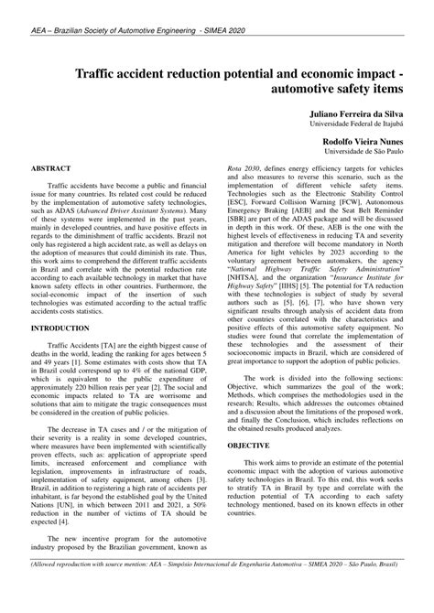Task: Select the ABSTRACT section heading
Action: click(55, 169)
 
